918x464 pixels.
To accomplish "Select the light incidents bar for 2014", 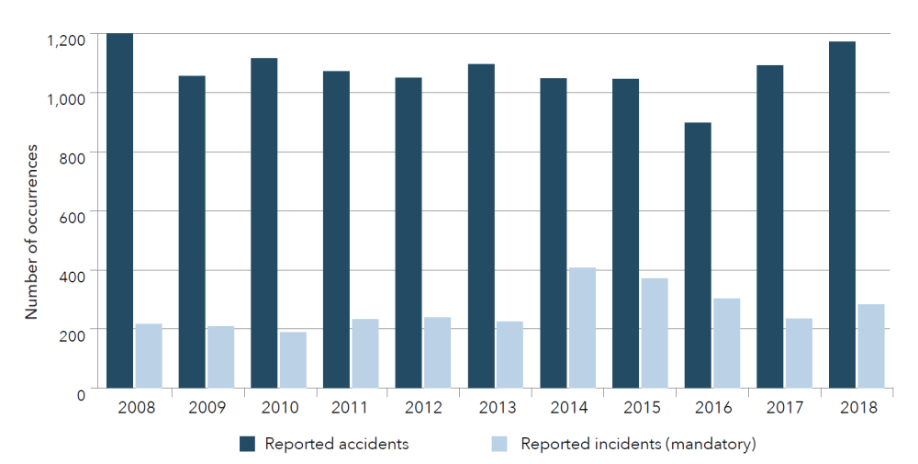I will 582,327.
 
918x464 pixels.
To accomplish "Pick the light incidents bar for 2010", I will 293,359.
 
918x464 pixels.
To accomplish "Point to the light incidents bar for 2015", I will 655,333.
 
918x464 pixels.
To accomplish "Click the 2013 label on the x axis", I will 498,408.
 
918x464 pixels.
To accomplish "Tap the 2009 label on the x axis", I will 208,408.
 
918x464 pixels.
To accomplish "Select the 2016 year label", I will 714,408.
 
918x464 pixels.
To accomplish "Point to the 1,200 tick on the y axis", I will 65,40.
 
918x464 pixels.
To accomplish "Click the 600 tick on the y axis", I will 73,217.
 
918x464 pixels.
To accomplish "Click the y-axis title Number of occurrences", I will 31,232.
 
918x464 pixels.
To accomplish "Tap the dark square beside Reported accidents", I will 247,445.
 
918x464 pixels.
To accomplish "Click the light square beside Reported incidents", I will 501,445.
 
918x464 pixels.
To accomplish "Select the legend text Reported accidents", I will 337,445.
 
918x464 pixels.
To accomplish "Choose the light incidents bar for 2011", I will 365,353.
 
